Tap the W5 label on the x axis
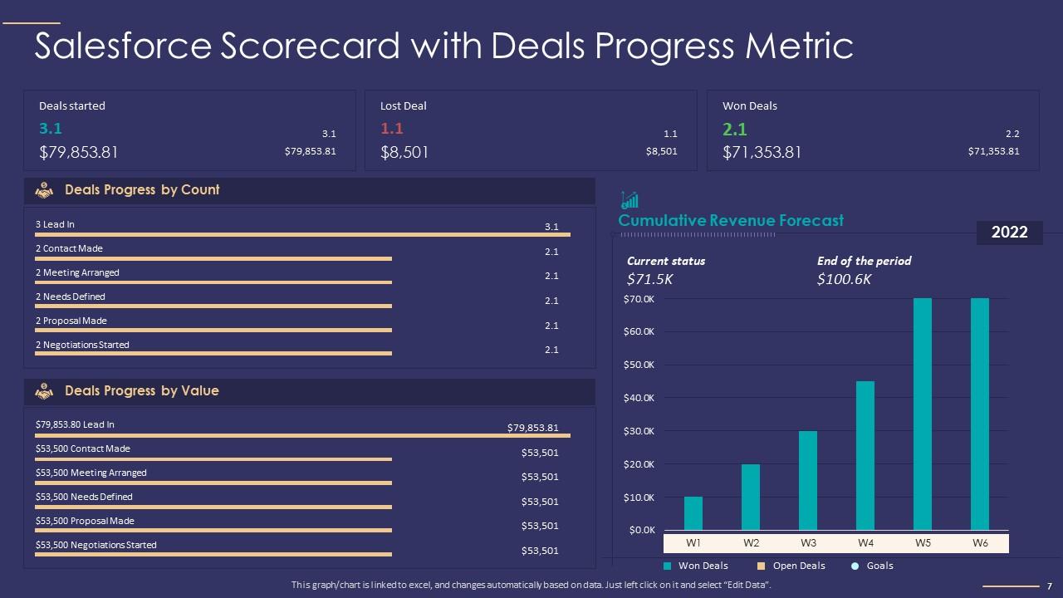[x=923, y=543]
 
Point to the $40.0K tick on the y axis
[x=639, y=398]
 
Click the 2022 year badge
[x=1009, y=233]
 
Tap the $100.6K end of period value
[x=844, y=279]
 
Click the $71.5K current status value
[x=649, y=279]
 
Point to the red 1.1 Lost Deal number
[x=392, y=129]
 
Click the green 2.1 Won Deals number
[x=735, y=129]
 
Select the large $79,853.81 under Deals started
[x=79, y=152]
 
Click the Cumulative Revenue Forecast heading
[x=731, y=220]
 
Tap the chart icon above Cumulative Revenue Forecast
[x=629, y=199]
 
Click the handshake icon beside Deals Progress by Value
[x=44, y=391]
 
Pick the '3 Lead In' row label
[x=55, y=224]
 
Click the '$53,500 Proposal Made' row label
[x=85, y=521]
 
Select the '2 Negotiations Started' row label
[x=82, y=345]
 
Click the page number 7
[x=1050, y=586]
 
